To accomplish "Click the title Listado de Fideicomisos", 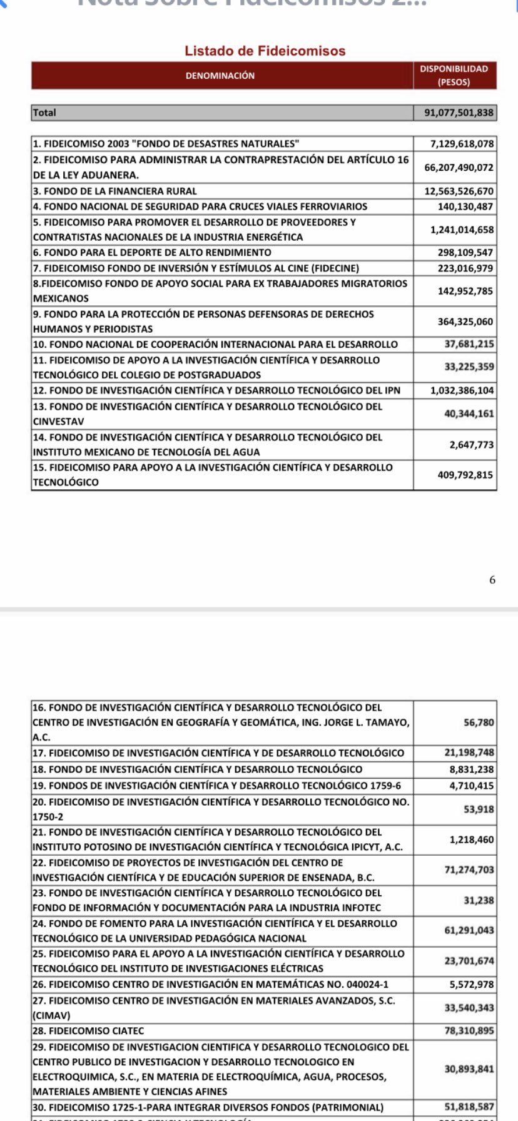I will pyautogui.click(x=265, y=51).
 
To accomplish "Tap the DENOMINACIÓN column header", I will pyautogui.click(x=220, y=76).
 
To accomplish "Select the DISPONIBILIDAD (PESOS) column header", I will pyautogui.click(x=454, y=76).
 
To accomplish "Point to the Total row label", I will pyautogui.click(x=44, y=113).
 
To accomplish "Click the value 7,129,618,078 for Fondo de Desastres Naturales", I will pyautogui.click(x=462, y=144).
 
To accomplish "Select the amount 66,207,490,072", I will pyautogui.click(x=459, y=168).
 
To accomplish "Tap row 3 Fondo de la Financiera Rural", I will pyautogui.click(x=115, y=191).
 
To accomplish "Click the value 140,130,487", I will pyautogui.click(x=465, y=206).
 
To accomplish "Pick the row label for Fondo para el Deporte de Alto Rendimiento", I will pyautogui.click(x=152, y=253).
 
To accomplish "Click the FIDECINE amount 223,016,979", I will pyautogui.click(x=465, y=268).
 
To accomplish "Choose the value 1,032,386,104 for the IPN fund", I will pyautogui.click(x=462, y=390).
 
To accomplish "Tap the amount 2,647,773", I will pyautogui.click(x=471, y=445).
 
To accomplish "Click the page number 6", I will pyautogui.click(x=492, y=580).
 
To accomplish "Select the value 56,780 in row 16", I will pyautogui.click(x=479, y=723).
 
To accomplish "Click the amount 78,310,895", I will pyautogui.click(x=469, y=1031).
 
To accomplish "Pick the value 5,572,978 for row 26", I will pyautogui.click(x=472, y=985).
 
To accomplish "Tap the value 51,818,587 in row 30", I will pyautogui.click(x=469, y=1107).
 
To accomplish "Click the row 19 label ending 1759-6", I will pyautogui.click(x=217, y=786).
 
